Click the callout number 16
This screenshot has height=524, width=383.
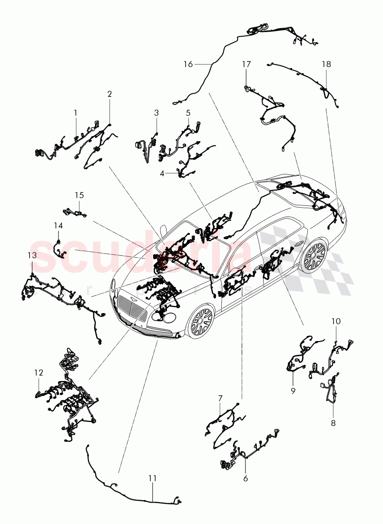point(188,64)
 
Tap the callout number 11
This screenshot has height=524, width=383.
point(152,478)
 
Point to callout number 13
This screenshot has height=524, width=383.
point(31,255)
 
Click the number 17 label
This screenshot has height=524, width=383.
point(246,64)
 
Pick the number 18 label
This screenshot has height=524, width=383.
point(326,64)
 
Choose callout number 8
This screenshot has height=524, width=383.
point(333,423)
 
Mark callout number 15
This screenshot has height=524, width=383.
point(79,195)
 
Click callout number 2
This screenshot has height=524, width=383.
point(109,94)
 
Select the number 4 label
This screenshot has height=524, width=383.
point(162,174)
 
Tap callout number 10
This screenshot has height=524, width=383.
point(336,322)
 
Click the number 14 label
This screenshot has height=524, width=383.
point(58,225)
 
